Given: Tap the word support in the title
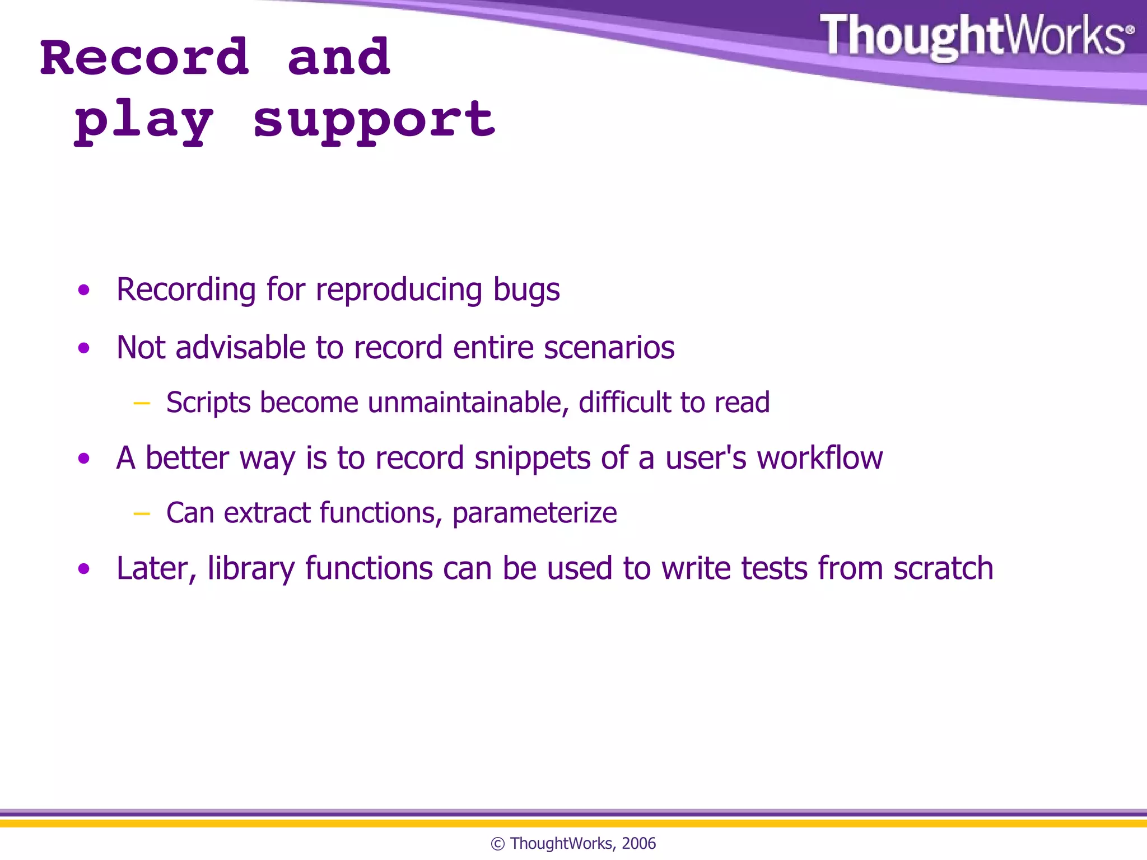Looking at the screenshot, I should (374, 120).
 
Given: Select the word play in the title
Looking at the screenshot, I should (144, 122).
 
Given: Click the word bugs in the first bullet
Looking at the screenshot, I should (526, 290).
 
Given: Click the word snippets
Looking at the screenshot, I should (532, 459).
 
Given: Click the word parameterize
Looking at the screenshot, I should (534, 513).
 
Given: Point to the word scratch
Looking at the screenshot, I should (943, 568).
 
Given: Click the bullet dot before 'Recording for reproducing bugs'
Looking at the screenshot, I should (84, 290).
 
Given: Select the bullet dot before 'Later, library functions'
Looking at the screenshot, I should (84, 569).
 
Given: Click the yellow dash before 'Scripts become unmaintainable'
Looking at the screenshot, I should (142, 403).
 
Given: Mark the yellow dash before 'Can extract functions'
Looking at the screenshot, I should (142, 513).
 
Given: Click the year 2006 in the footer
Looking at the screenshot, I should (638, 844).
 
